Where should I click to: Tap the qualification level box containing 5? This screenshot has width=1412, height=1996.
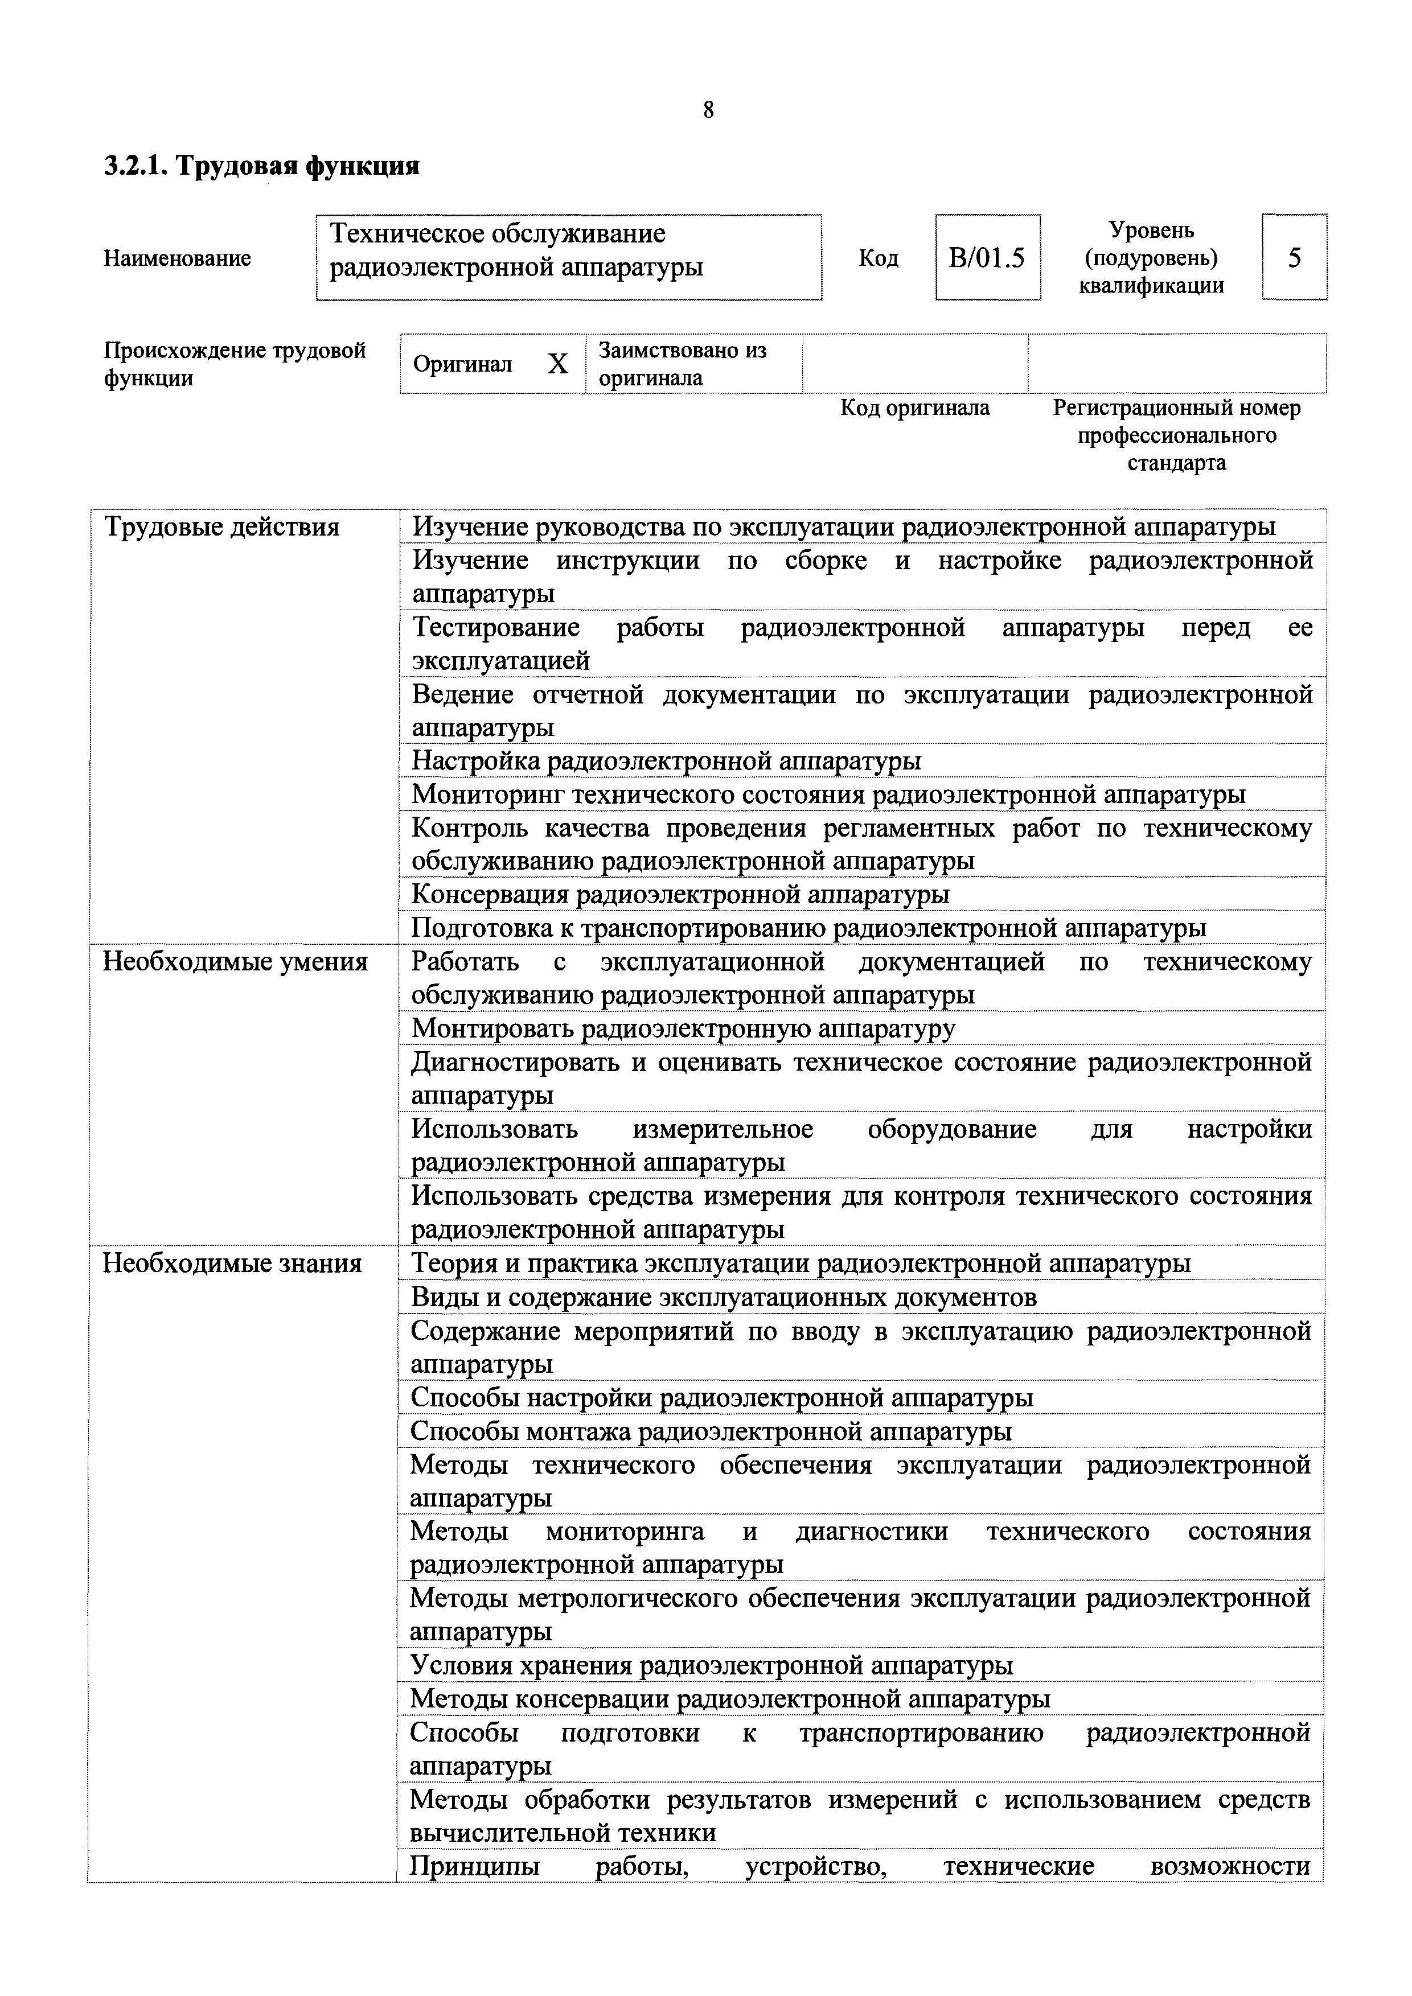pyautogui.click(x=1294, y=257)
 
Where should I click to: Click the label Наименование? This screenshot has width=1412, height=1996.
pyautogui.click(x=178, y=258)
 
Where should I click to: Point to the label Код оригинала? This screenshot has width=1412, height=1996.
pyautogui.click(x=915, y=408)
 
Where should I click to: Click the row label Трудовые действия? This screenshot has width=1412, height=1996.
pyautogui.click(x=221, y=527)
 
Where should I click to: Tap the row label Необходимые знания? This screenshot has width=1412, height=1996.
pyautogui.click(x=232, y=1263)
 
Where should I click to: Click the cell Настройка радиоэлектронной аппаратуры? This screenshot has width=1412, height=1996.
pyautogui.click(x=666, y=761)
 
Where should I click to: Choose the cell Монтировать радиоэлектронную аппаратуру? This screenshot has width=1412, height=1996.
pyautogui.click(x=683, y=1028)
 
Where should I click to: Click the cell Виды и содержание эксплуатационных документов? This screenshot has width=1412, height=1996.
pyautogui.click(x=724, y=1297)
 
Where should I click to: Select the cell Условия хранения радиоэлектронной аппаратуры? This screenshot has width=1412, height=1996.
pyautogui.click(x=711, y=1666)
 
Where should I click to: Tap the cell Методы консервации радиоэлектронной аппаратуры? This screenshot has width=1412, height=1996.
pyautogui.click(x=729, y=1699)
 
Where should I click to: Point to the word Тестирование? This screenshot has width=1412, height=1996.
pyautogui.click(x=495, y=628)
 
